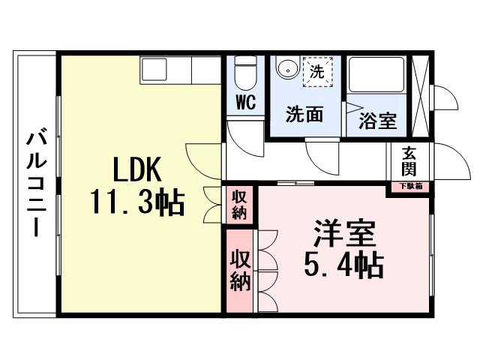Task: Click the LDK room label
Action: [x=136, y=172]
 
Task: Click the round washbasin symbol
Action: [x=286, y=70]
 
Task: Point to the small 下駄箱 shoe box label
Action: [x=409, y=186]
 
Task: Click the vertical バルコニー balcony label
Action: [x=34, y=183]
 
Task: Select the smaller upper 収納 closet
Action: [x=239, y=204]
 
